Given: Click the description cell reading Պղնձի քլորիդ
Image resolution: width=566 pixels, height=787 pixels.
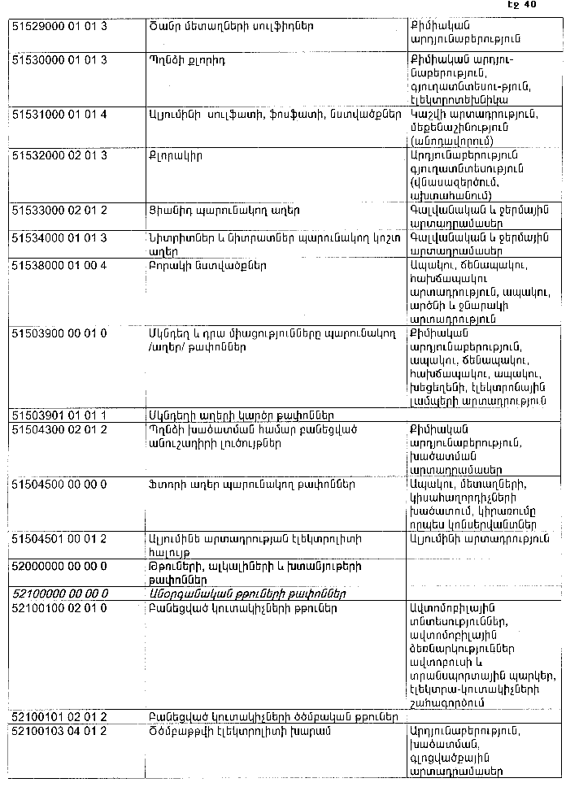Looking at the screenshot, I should click(x=187, y=61).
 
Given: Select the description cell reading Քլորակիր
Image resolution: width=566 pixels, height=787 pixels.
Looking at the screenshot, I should click(x=175, y=154).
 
